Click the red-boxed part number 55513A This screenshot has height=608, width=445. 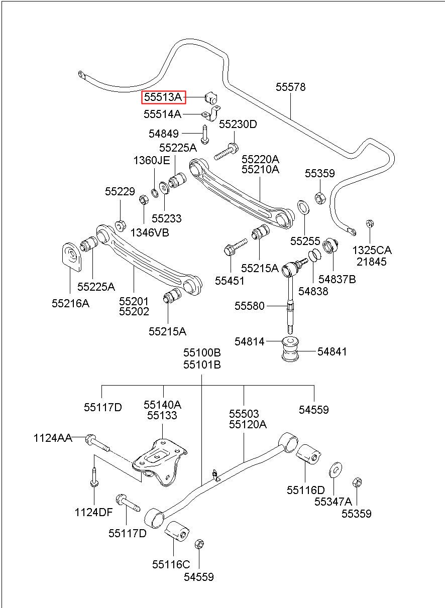click(x=163, y=97)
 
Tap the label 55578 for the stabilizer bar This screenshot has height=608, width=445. click(x=290, y=87)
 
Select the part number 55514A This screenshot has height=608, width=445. click(x=162, y=114)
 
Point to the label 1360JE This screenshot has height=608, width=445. click(x=152, y=161)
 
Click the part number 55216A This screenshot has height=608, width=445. click(x=71, y=303)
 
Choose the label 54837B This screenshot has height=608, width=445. click(x=337, y=279)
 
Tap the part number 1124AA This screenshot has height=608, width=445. click(x=53, y=438)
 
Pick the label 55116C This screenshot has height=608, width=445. click(x=171, y=564)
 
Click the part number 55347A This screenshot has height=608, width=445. click(x=333, y=502)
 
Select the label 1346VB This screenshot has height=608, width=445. click(x=150, y=232)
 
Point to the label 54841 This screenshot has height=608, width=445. click(x=332, y=352)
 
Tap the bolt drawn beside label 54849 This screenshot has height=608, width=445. click(x=205, y=135)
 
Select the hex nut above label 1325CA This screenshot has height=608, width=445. click(x=369, y=223)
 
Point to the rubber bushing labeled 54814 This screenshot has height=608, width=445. click(x=290, y=349)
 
